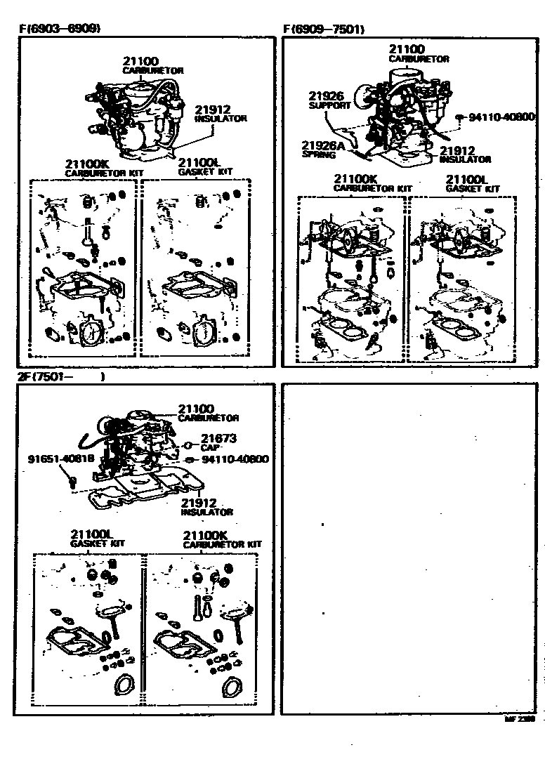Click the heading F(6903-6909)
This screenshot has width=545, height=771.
click(x=59, y=29)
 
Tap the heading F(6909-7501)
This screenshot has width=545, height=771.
click(x=324, y=29)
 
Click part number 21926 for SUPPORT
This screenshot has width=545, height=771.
click(x=325, y=96)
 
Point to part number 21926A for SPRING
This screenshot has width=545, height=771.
click(x=322, y=145)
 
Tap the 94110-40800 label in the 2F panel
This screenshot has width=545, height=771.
click(x=235, y=459)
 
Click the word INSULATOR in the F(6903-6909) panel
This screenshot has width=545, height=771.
click(x=221, y=119)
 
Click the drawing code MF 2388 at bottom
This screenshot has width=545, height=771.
click(x=520, y=720)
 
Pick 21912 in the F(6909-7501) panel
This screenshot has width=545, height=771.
click(x=458, y=150)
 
